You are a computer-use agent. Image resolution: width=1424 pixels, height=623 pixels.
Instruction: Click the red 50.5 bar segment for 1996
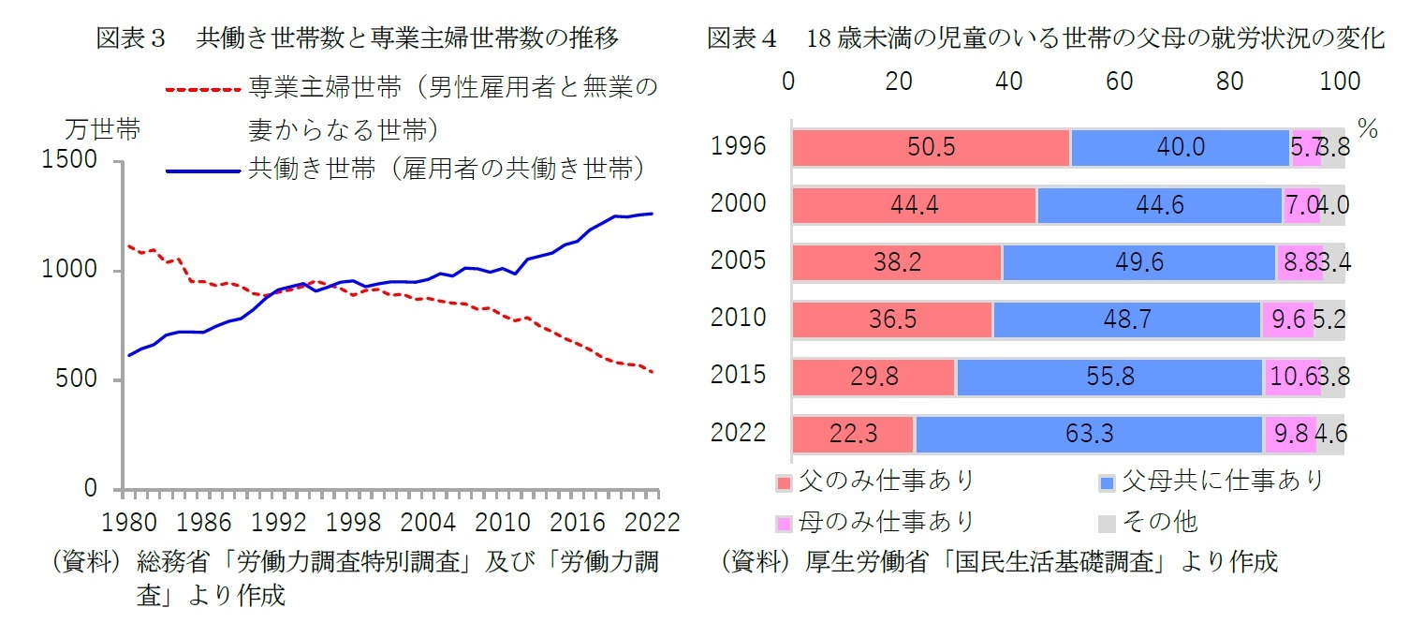931,148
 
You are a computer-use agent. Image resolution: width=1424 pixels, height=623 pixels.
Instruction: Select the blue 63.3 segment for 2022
1087,436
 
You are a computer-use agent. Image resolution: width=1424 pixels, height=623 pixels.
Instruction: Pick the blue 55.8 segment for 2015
1109,378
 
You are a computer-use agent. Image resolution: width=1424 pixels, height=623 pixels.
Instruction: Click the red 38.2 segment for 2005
896,263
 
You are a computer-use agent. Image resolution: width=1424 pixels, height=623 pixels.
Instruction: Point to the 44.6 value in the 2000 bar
1160,206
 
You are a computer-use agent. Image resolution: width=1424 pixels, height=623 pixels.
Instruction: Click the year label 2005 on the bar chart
739,261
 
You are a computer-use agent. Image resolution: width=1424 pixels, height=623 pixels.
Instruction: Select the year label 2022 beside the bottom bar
739,433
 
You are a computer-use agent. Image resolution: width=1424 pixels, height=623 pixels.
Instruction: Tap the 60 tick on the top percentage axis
1120,82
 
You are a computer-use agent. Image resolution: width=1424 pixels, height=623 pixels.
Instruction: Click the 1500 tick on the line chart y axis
70,161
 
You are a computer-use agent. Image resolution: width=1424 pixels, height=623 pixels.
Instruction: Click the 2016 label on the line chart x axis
571,520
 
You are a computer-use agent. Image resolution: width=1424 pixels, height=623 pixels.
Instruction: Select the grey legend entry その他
1161,522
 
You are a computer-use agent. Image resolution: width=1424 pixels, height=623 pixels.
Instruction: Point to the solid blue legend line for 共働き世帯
203,171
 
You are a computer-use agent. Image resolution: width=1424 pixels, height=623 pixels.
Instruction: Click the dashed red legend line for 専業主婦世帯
203,90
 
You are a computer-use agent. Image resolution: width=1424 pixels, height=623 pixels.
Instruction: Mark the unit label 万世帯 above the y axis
103,130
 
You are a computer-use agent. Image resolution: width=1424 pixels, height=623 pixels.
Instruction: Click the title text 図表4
742,39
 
